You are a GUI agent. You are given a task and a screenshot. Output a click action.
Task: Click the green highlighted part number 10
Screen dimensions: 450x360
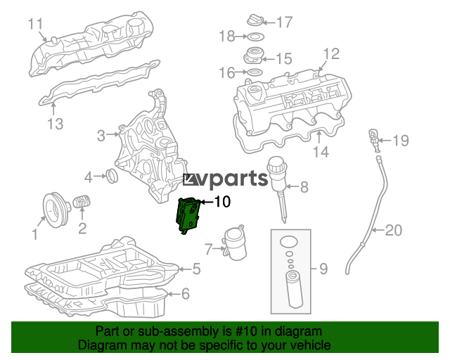[x=188, y=215]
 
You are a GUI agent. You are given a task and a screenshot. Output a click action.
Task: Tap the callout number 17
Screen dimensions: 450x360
[x=284, y=22]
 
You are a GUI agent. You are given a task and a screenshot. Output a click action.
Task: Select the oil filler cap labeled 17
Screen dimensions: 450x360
[x=255, y=20]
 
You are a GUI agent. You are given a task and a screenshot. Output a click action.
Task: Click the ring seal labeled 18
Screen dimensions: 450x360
[x=255, y=37]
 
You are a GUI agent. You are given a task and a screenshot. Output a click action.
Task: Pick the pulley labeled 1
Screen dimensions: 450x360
[x=56, y=210]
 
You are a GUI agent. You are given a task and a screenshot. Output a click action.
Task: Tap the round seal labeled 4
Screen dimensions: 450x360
[x=112, y=176]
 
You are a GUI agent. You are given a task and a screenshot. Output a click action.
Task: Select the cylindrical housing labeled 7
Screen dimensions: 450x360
[x=235, y=243]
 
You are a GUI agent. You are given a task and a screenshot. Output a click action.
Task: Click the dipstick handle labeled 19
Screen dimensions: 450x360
[x=374, y=140]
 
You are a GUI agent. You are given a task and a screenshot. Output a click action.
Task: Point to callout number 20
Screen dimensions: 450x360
[x=393, y=230]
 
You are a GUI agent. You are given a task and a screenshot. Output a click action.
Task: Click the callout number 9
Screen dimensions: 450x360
[x=323, y=269]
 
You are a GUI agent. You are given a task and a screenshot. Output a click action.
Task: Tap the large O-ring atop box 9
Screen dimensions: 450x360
[x=289, y=241]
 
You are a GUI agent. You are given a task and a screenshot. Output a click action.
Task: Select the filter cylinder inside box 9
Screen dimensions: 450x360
[x=293, y=290]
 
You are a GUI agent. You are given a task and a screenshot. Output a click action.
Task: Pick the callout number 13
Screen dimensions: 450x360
[x=55, y=124]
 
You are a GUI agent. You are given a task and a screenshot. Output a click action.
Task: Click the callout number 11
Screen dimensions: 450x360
[x=35, y=24]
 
